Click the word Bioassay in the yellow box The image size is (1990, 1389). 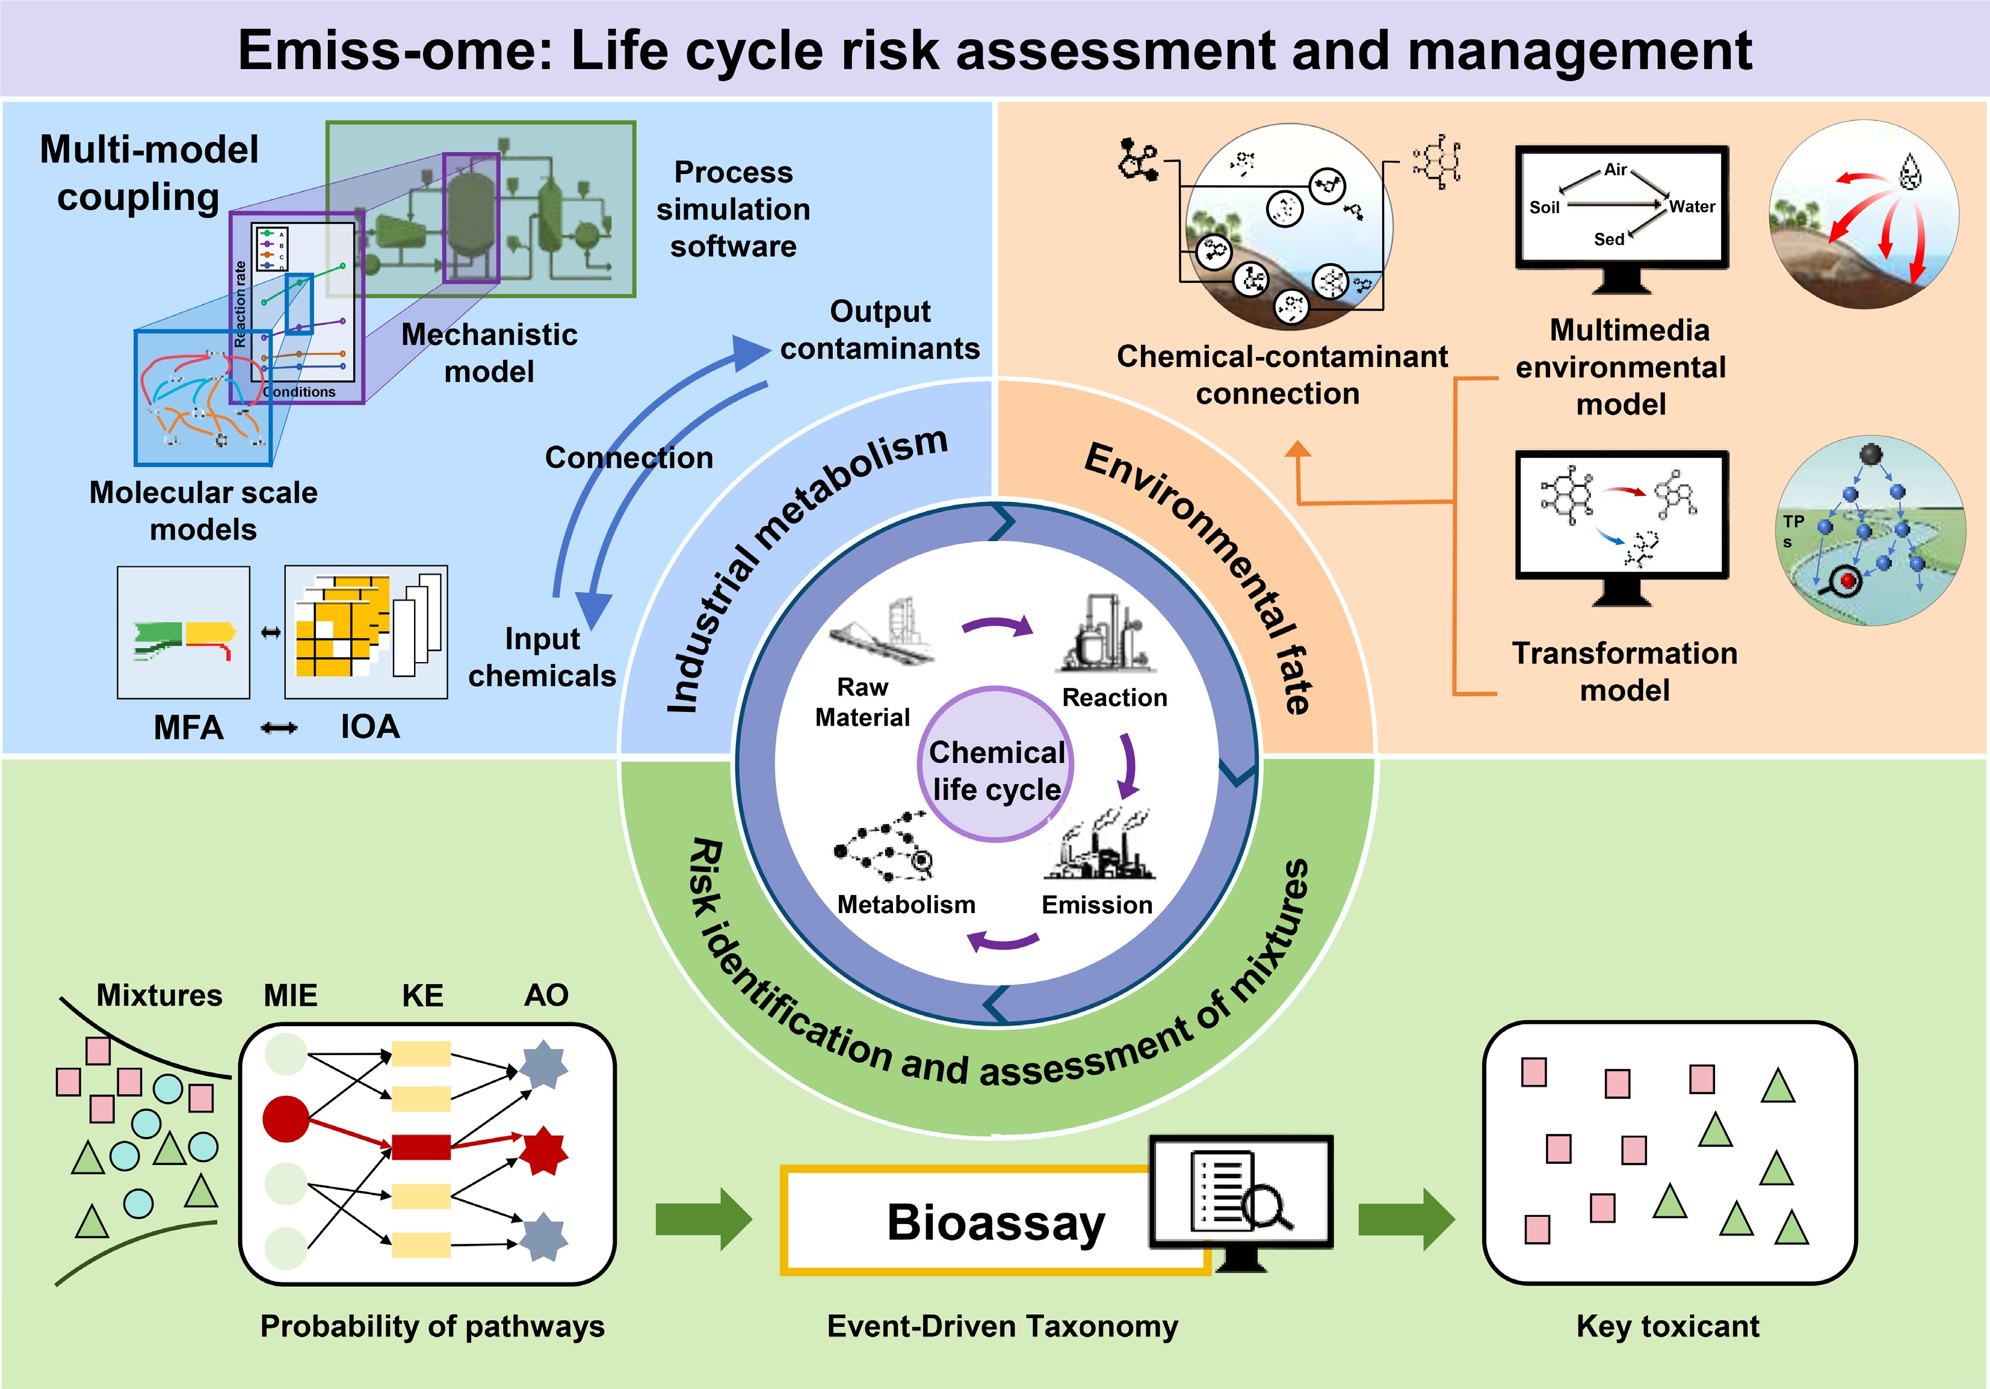click(995, 1222)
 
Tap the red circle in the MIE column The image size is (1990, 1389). click(286, 1119)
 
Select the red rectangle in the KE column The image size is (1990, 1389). click(421, 1146)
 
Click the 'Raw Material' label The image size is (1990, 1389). click(862, 702)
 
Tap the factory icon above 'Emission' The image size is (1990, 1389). click(1098, 846)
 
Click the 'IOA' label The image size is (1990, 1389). click(370, 726)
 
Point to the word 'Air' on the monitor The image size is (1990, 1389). click(1616, 170)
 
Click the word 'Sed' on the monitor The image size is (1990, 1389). click(1608, 240)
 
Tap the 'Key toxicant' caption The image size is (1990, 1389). click(1667, 1326)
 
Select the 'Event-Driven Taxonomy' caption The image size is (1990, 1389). click(1002, 1326)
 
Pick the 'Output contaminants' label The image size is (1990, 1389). click(880, 329)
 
